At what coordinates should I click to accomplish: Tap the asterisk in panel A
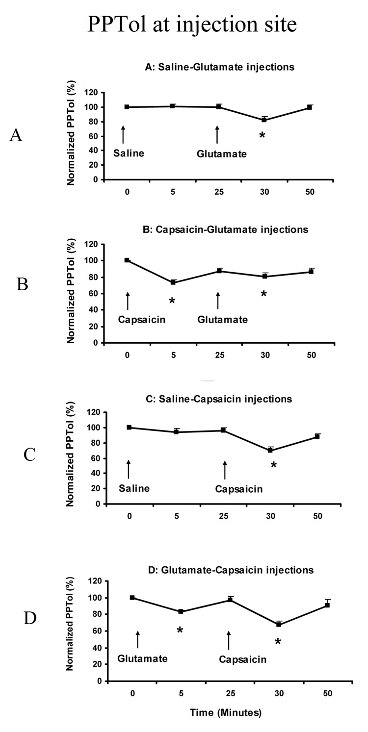[262, 135]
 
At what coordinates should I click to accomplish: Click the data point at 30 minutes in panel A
[264, 120]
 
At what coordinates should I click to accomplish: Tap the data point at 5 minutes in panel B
[173, 282]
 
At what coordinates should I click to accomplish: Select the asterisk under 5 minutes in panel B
[172, 301]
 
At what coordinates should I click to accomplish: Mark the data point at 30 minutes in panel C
[270, 450]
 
